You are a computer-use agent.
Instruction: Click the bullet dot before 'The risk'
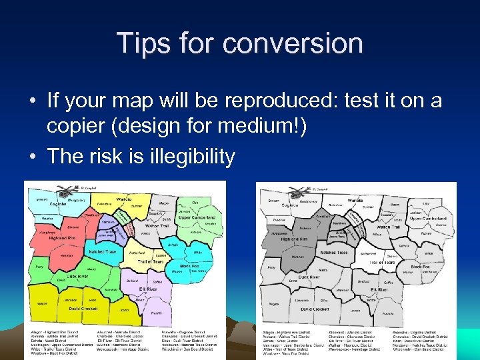click(x=32, y=157)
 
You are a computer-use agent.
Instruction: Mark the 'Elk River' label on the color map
click(x=147, y=289)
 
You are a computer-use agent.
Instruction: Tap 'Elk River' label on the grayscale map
click(x=379, y=290)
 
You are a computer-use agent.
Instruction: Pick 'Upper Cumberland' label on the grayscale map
click(x=426, y=219)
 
